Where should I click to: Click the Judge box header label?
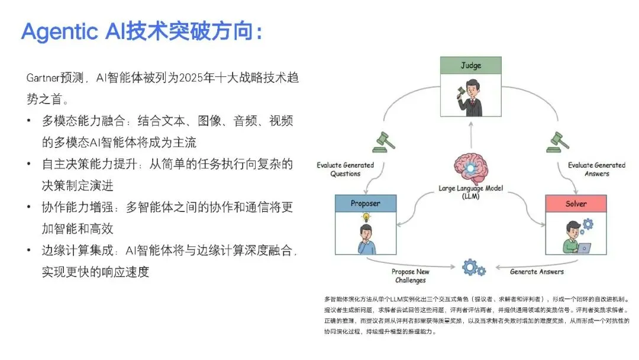tap(470, 66)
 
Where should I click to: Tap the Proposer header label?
tap(365, 204)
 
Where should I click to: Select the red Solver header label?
tap(576, 204)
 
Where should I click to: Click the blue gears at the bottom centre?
tap(473, 268)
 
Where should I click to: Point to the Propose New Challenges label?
tap(411, 276)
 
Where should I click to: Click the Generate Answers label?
tap(537, 272)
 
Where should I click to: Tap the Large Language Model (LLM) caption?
tap(471, 192)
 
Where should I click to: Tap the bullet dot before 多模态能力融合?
tap(28, 121)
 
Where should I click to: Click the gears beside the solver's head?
tap(588, 224)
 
